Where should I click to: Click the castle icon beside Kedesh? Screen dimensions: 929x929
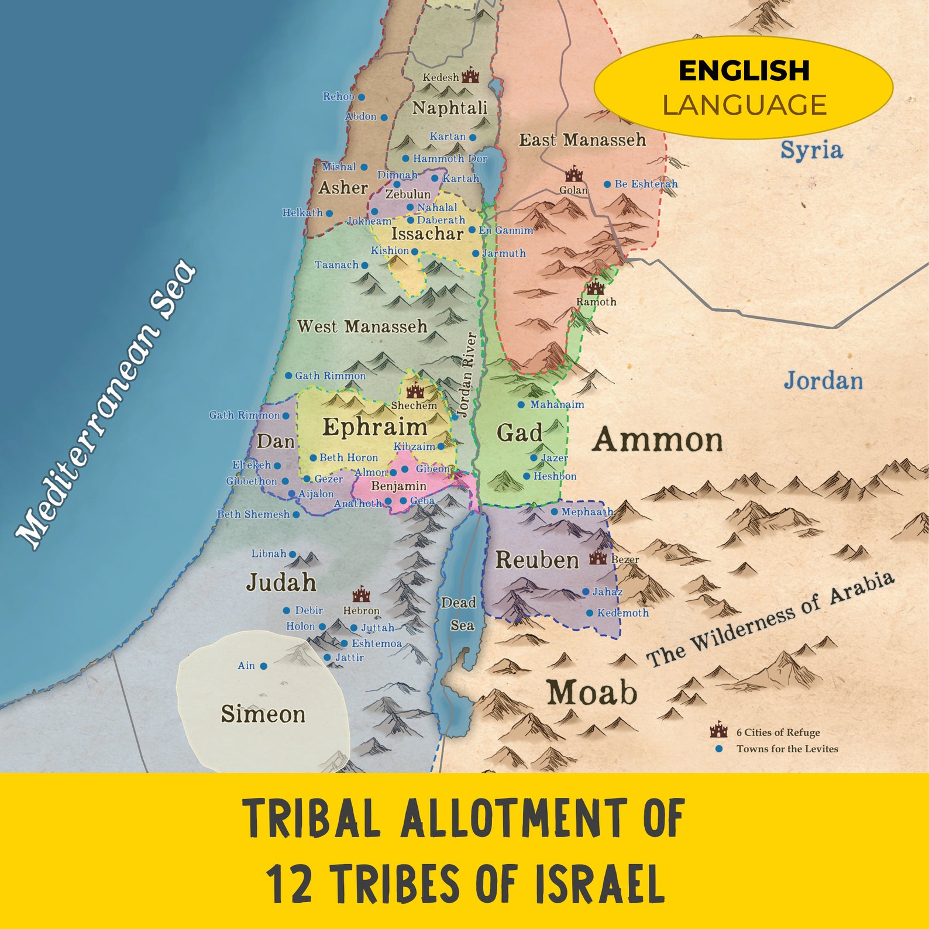click(470, 75)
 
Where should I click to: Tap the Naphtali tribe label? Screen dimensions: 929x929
click(449, 108)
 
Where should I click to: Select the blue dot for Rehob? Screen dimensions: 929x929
click(362, 97)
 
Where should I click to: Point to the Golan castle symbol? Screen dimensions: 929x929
click(574, 174)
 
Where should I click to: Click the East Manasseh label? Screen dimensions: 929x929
click(582, 140)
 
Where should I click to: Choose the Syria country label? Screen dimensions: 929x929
click(811, 150)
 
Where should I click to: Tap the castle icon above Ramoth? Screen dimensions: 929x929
click(596, 287)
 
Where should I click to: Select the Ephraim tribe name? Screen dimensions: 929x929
click(374, 427)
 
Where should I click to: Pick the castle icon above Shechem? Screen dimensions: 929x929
click(415, 390)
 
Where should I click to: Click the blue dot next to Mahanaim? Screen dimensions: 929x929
click(521, 405)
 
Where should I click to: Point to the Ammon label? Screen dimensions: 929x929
click(658, 439)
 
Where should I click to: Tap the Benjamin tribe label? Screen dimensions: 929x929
click(398, 486)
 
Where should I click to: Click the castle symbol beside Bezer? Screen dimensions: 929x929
click(598, 558)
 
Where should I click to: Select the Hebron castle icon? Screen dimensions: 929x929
click(361, 594)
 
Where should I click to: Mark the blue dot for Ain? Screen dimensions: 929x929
click(264, 666)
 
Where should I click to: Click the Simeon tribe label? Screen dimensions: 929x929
click(263, 714)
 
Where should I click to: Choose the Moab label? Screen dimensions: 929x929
click(591, 693)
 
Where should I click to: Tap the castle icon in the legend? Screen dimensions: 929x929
click(718, 731)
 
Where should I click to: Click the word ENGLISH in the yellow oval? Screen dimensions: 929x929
click(744, 71)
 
